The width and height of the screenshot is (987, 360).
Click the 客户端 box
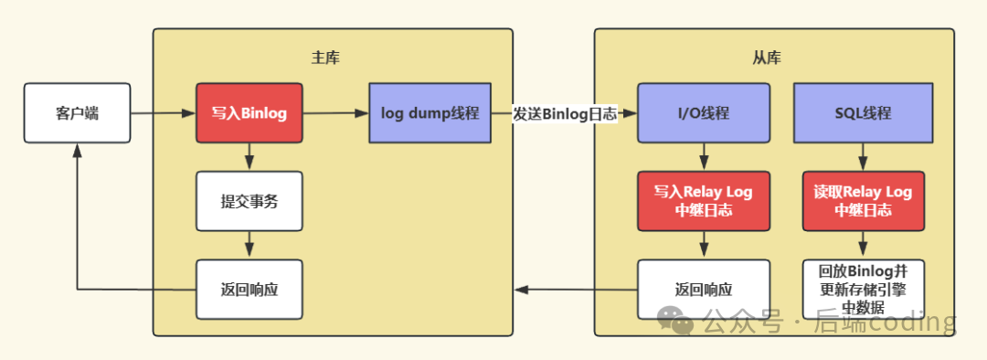coord(77,113)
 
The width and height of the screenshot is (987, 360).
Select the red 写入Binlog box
coord(249,113)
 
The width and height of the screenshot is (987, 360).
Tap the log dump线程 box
coord(430,113)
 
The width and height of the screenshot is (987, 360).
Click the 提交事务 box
coord(249,201)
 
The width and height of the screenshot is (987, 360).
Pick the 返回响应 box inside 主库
coord(249,290)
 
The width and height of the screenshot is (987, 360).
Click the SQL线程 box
coord(863,113)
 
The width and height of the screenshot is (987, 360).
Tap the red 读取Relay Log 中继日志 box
coord(863,201)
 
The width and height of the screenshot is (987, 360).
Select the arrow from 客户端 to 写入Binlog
coord(163,114)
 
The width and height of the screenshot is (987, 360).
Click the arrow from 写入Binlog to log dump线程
coord(334,113)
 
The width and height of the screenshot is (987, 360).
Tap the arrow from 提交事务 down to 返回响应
coord(249,244)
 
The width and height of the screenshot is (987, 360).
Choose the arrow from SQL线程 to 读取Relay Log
coord(863,157)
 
